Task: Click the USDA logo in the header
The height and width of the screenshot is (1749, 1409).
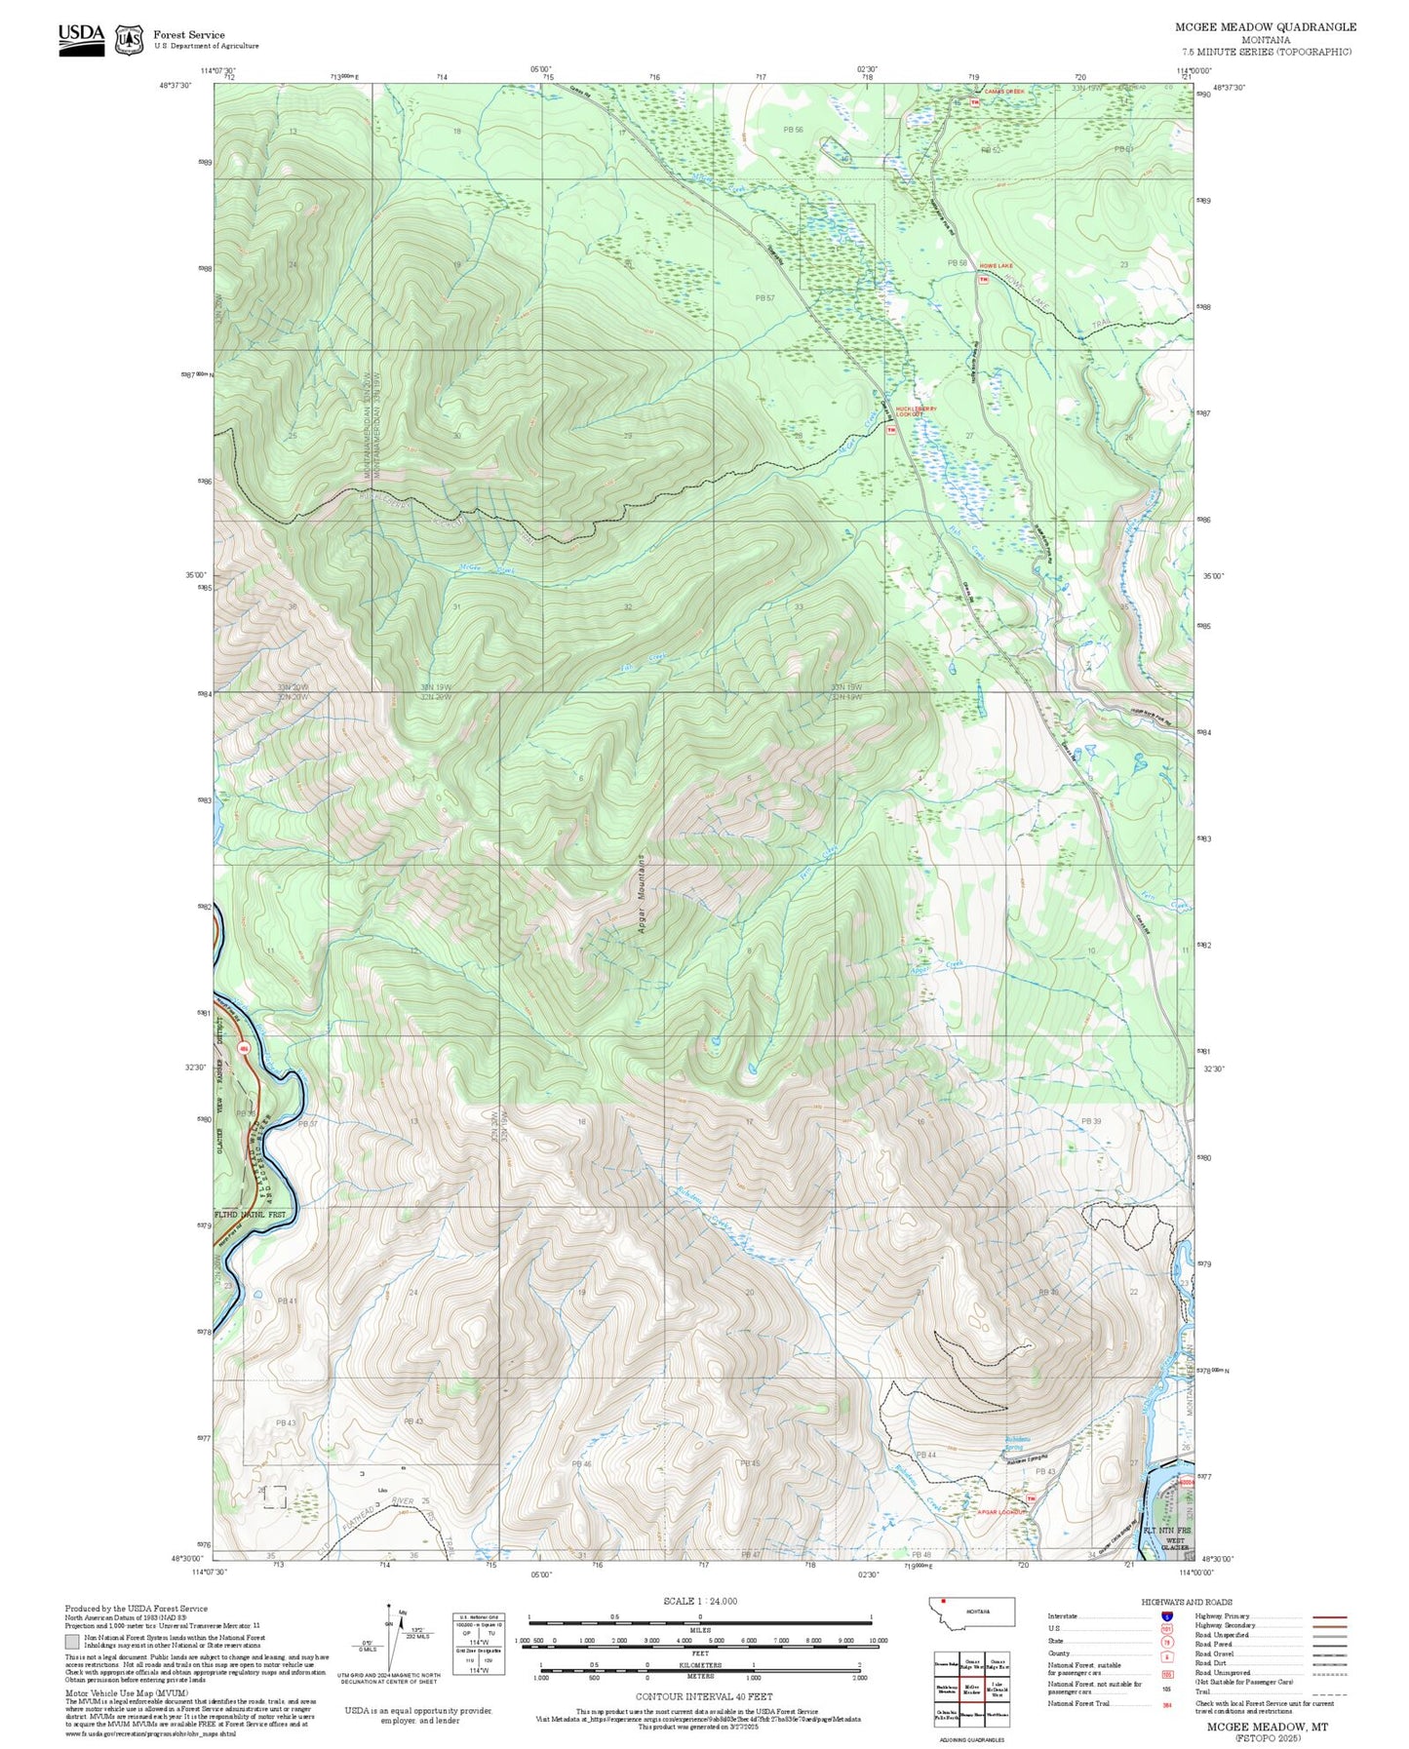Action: coord(81,37)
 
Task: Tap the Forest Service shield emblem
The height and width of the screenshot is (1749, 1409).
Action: coord(128,40)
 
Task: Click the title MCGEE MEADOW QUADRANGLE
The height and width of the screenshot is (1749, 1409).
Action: coord(1265,26)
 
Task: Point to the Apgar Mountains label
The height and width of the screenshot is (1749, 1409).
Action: coord(642,895)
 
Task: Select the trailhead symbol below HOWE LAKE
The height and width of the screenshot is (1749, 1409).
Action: coord(983,279)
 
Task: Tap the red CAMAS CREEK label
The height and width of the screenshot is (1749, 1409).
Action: coord(1003,92)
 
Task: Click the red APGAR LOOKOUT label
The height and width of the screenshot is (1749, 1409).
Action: coord(994,1512)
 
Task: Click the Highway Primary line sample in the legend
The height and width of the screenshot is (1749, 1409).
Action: coord(1329,1616)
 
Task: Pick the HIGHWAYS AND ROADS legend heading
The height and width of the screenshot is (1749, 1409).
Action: coord(1187,1602)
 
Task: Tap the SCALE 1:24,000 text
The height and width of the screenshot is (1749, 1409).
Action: coord(700,1601)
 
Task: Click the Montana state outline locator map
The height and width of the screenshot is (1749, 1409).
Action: coord(972,1613)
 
